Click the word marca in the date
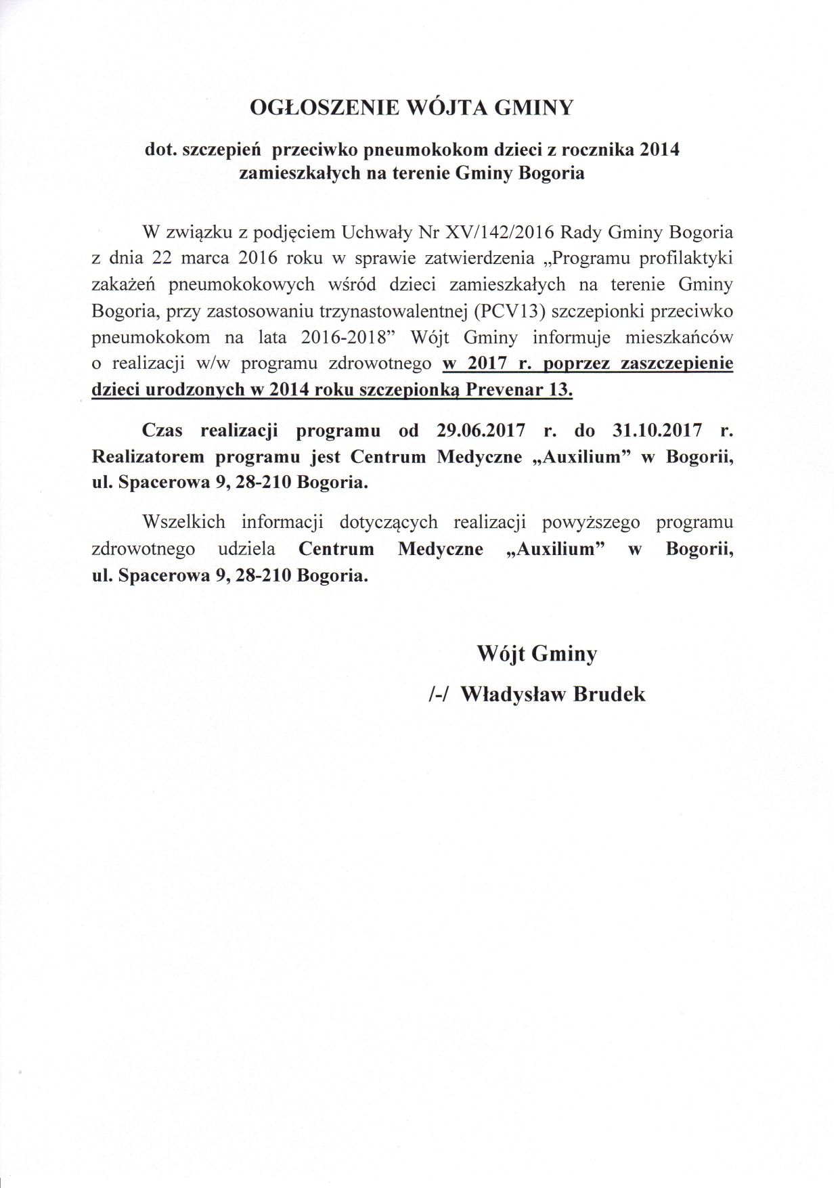click(x=202, y=259)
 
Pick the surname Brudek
click(x=609, y=695)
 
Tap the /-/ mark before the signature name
click(x=438, y=695)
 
